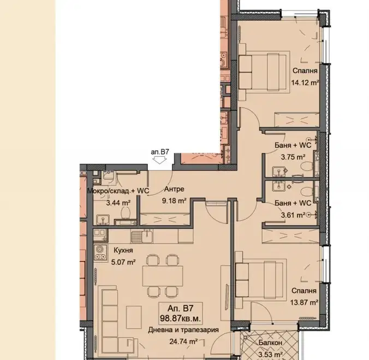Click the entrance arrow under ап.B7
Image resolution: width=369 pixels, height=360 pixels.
(x=159, y=160)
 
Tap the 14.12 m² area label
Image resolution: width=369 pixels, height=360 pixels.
(x=305, y=83)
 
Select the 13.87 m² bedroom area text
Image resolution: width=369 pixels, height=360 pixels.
(x=304, y=302)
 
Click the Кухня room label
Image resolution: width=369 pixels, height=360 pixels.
(x=123, y=250)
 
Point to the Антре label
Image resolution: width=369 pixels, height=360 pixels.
(x=174, y=189)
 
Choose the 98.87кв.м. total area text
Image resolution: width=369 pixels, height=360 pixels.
(x=181, y=318)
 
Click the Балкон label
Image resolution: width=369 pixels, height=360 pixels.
(x=270, y=343)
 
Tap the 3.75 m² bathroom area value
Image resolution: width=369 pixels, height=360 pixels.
(x=293, y=157)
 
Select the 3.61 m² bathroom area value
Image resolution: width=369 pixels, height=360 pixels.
(x=293, y=215)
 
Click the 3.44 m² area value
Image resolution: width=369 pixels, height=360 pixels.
(x=118, y=203)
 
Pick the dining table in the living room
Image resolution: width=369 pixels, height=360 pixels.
(x=163, y=276)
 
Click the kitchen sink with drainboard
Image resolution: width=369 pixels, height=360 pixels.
(x=142, y=236)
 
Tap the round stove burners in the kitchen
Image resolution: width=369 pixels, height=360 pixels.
(x=100, y=252)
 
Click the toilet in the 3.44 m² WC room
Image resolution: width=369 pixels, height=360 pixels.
(x=126, y=213)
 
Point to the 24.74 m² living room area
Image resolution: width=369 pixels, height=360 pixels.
(x=183, y=341)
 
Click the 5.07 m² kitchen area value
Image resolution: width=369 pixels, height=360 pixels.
(x=123, y=262)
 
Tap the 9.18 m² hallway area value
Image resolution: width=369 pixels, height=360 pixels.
(x=174, y=201)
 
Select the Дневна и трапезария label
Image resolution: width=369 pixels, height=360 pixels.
(x=183, y=330)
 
